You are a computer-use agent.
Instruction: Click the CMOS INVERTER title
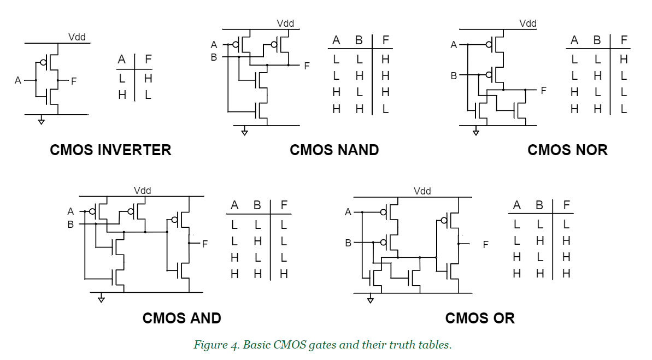coord(110,150)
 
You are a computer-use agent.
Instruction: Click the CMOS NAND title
coord(334,150)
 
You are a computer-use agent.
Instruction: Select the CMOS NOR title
coord(567,150)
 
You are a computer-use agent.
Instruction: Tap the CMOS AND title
coord(181,318)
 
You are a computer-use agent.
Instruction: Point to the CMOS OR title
coord(480,318)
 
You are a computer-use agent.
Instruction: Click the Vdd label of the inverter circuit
coord(77,37)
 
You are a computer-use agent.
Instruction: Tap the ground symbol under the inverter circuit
coord(41,121)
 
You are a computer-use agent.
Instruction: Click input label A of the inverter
coord(18,80)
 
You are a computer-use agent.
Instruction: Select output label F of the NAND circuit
coord(307,66)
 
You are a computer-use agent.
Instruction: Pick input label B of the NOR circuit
coord(454,76)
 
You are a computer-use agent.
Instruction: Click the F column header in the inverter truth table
coord(148,60)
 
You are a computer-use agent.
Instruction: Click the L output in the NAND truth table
coord(385,109)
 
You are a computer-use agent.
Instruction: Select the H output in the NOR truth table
coord(624,59)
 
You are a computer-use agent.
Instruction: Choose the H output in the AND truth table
coord(284,274)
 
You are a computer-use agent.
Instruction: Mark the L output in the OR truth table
coord(566,224)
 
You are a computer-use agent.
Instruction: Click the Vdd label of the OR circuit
coord(422,191)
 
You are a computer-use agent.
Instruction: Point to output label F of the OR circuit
coord(485,244)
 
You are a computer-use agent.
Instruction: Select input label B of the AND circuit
coord(71,223)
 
